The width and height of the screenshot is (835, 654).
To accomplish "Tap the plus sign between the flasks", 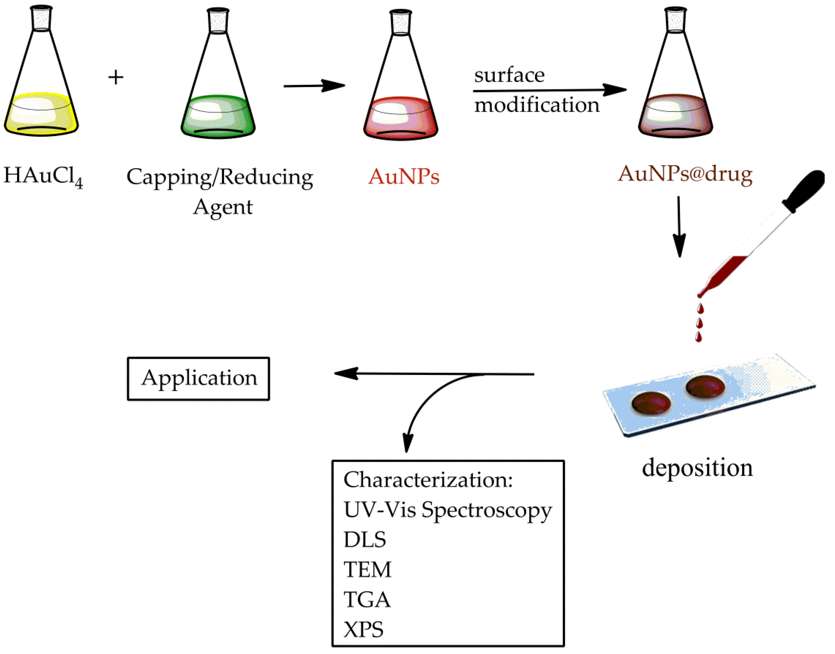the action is click(x=116, y=77).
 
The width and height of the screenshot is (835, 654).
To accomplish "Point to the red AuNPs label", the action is click(x=404, y=177).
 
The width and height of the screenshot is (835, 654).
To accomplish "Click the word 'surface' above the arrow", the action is click(x=509, y=75).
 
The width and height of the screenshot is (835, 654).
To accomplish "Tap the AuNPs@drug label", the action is click(x=685, y=174).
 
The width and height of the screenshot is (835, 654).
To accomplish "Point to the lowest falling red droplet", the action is click(x=698, y=337).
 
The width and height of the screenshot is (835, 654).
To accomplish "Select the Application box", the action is click(x=198, y=379).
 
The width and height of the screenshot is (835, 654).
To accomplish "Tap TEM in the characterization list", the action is click(x=367, y=570).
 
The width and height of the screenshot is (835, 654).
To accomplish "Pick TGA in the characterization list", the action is click(x=367, y=599).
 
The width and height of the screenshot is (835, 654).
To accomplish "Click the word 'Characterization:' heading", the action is click(x=428, y=480).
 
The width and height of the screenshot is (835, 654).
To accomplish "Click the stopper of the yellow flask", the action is click(x=41, y=18).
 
